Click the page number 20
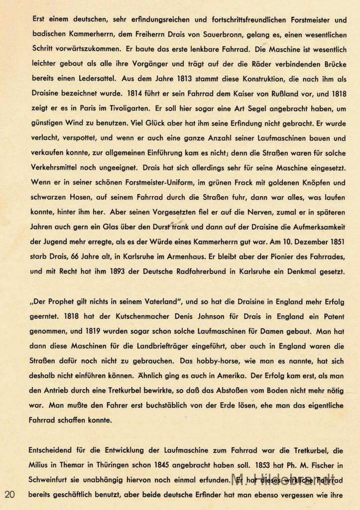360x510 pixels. point(10,494)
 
